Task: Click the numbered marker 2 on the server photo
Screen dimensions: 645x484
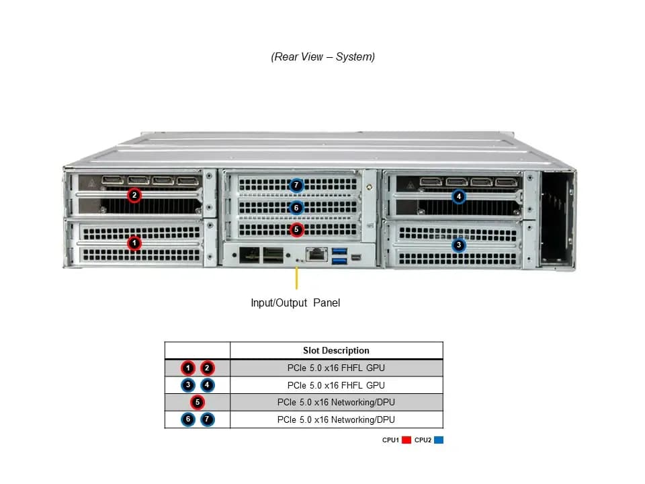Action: [134, 195]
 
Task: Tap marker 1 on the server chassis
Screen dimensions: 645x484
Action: [134, 243]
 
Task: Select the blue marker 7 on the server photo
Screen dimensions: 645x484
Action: [296, 186]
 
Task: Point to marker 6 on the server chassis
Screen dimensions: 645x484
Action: [296, 208]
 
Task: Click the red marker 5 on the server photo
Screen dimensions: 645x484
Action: [296, 230]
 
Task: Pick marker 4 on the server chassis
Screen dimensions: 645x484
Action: [459, 196]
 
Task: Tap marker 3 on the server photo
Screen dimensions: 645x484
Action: [459, 245]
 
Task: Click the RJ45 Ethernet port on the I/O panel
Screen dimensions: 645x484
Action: [316, 254]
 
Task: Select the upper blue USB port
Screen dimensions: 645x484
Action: [339, 251]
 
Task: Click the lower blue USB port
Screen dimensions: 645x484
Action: [339, 261]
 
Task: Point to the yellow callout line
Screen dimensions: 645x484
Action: [296, 278]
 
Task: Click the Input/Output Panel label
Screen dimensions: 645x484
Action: [296, 303]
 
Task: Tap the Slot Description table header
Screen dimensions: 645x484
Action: [336, 351]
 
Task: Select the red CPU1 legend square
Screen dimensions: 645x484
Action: [406, 440]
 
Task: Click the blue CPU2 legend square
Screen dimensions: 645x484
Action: [439, 440]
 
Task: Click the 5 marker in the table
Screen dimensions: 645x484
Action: [198, 402]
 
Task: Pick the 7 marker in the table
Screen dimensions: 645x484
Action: [208, 419]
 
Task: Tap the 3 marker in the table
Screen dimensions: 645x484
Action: [188, 385]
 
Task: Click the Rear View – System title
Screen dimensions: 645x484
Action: [323, 56]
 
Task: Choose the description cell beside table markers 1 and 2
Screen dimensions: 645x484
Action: [336, 368]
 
